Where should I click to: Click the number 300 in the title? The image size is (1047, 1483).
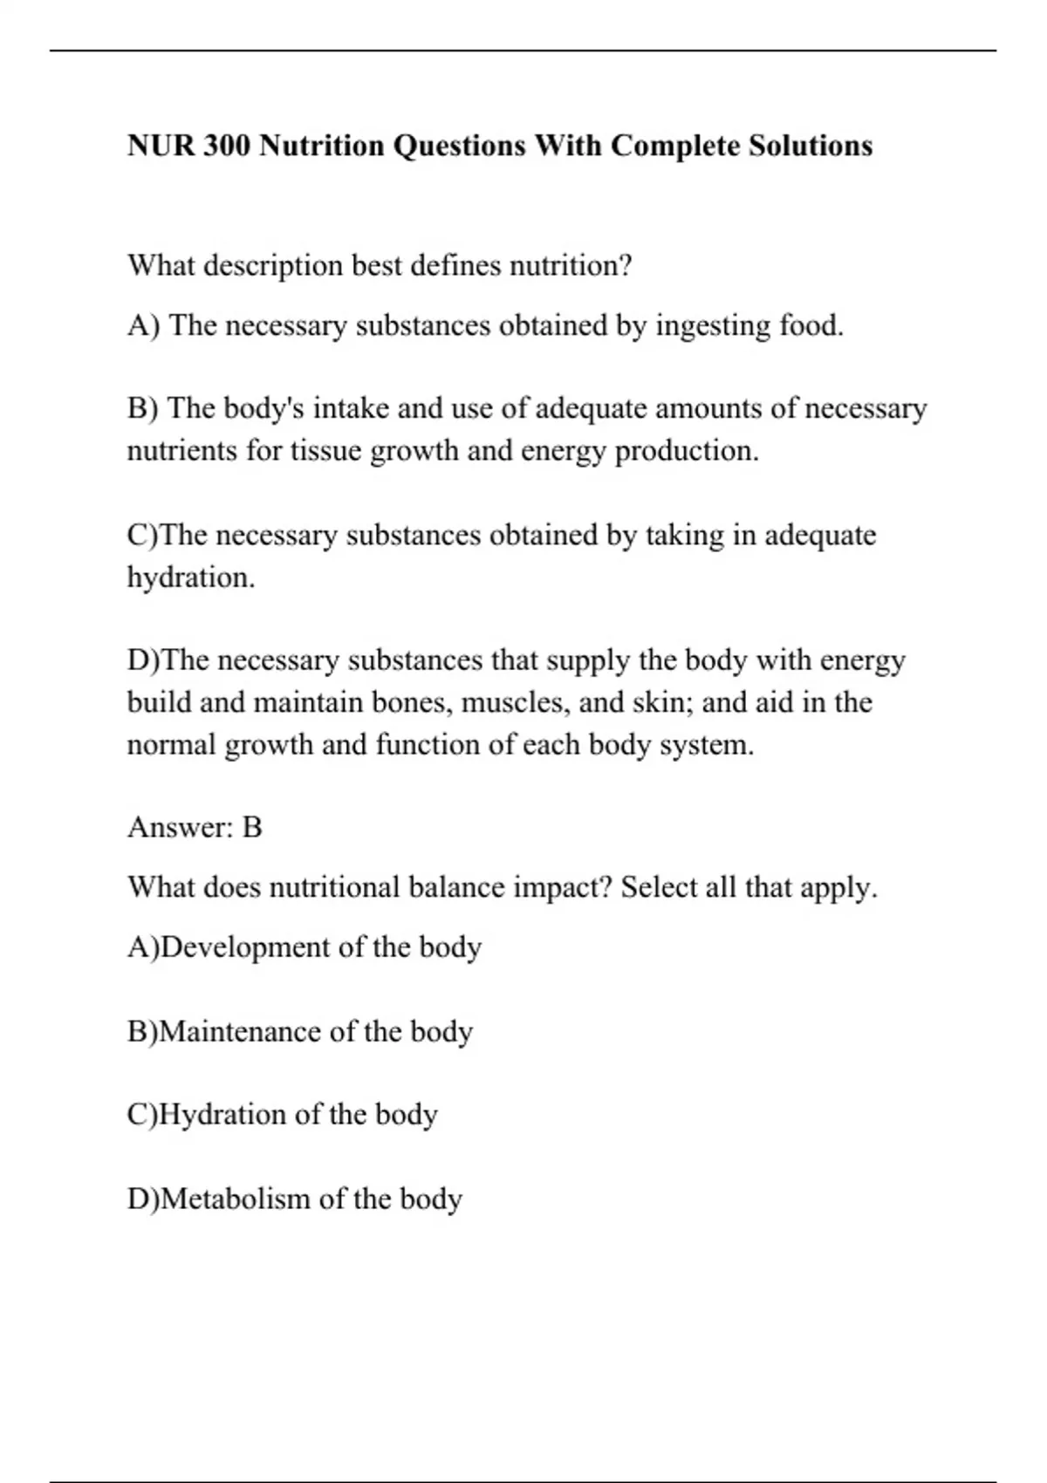click(228, 146)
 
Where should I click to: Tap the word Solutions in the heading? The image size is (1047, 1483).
click(811, 146)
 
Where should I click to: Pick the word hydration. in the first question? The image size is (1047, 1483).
click(191, 577)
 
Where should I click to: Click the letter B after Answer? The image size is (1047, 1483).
click(252, 827)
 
